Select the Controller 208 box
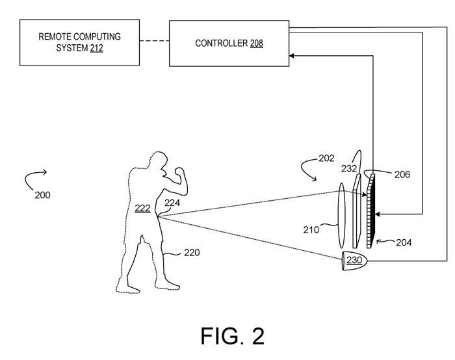229,43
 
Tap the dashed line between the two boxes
154,43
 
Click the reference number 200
42,194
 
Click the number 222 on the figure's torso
142,208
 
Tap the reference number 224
172,203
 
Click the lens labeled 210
341,214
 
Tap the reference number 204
404,242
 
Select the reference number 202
327,158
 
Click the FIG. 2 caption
232,336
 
